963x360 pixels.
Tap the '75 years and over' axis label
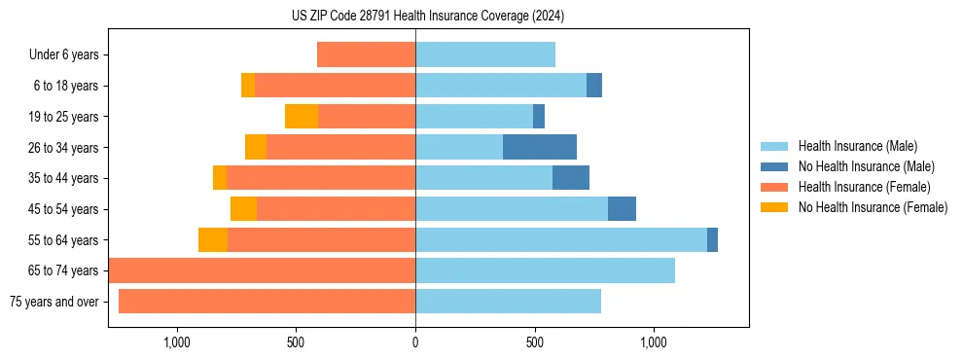pos(53,302)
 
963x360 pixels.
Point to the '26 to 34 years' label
pos(64,148)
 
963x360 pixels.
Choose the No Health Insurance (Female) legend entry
pos(873,207)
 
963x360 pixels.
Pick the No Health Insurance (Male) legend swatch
pos(775,166)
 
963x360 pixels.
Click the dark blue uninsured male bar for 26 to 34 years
pos(540,148)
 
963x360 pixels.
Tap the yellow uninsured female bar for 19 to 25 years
pos(302,117)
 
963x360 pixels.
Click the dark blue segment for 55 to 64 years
pos(712,240)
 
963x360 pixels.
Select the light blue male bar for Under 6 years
pos(485,55)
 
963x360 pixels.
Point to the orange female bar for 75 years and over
pos(267,302)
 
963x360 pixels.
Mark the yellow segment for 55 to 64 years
pos(213,240)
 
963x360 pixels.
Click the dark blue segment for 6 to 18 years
pos(594,86)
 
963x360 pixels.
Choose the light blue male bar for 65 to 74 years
pos(545,270)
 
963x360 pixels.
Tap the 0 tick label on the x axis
pos(415,342)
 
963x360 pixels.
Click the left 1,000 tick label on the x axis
pos(177,342)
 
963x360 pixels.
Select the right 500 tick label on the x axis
pos(534,342)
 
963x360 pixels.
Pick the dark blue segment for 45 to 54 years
pos(622,209)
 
